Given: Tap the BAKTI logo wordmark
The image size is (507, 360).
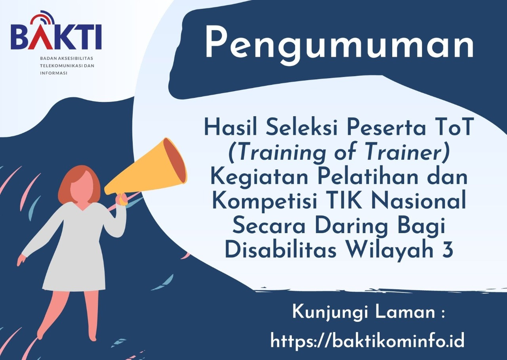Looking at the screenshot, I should (x=56, y=37).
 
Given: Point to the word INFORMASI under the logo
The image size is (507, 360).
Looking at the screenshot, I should (x=53, y=73).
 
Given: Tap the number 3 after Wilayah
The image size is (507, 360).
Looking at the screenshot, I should (x=447, y=251).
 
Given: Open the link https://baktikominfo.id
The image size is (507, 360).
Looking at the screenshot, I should (x=367, y=341).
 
